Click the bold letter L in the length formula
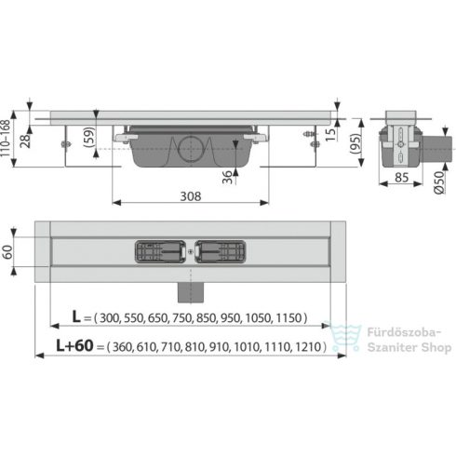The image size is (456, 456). tap(77, 318)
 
